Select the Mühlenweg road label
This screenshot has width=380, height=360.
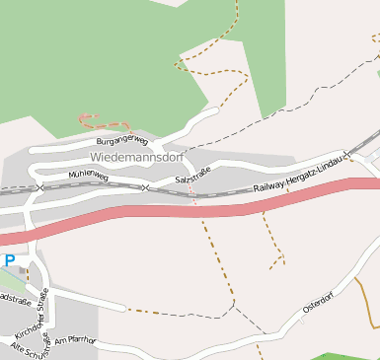click(88, 175)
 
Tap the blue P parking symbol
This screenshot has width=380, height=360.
click(9, 260)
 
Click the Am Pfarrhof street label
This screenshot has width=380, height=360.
click(76, 340)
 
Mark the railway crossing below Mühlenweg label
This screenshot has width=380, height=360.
click(39, 186)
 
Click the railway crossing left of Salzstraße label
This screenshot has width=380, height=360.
click(145, 187)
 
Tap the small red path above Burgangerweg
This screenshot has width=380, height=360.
click(103, 121)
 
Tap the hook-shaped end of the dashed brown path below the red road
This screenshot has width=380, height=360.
click(276, 261)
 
